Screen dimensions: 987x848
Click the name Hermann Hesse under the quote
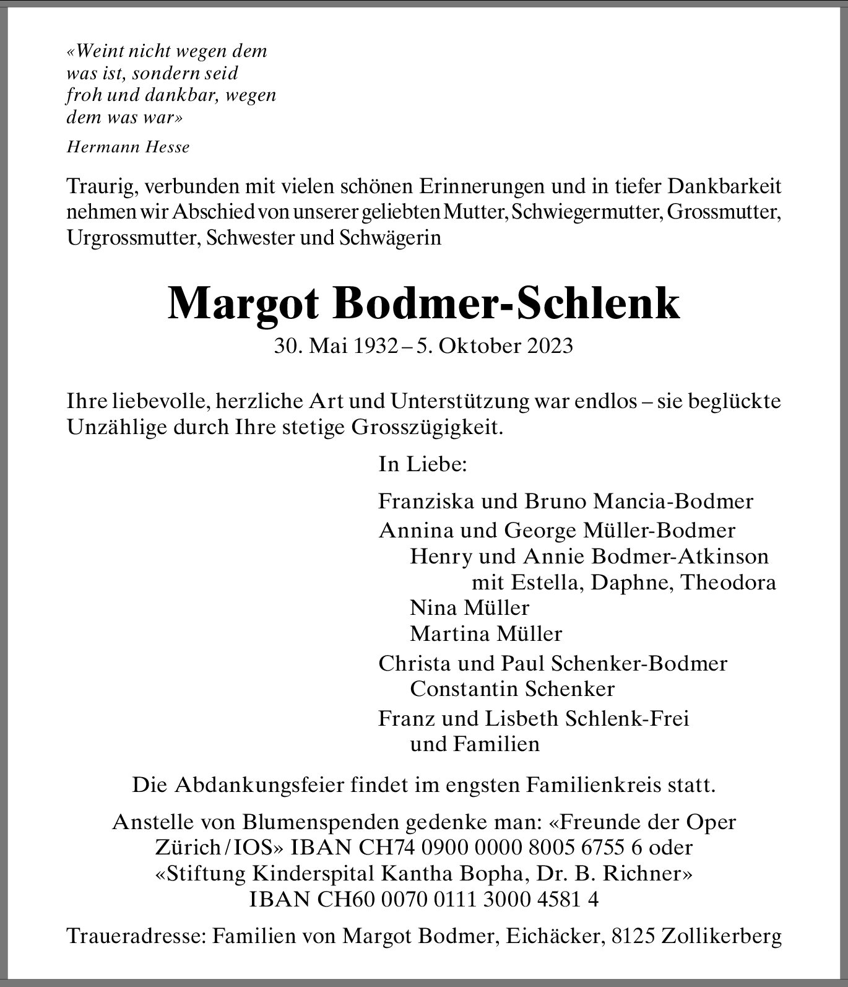pyautogui.click(x=128, y=147)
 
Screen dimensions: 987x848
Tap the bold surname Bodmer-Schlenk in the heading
pyautogui.click(x=508, y=303)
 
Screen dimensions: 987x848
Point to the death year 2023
pyautogui.click(x=550, y=346)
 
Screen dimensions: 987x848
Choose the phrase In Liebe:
pyautogui.click(x=422, y=464)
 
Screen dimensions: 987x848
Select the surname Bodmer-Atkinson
pyautogui.click(x=680, y=556)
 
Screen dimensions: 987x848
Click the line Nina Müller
pyautogui.click(x=469, y=607)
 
